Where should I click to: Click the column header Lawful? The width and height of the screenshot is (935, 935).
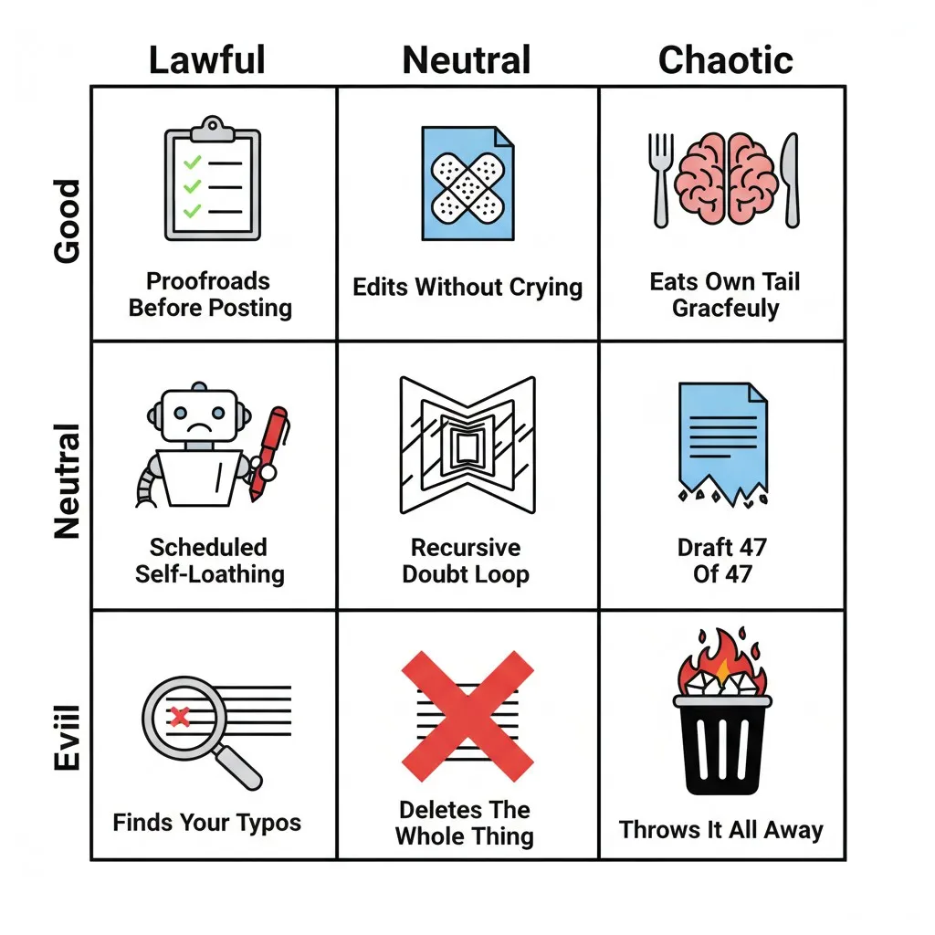coord(207,60)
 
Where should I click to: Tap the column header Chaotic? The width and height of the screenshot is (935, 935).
coord(726,60)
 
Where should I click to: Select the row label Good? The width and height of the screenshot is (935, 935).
coord(67,221)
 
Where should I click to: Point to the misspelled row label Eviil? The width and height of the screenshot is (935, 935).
coord(67,738)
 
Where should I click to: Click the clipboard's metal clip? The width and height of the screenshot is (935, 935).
coord(212,129)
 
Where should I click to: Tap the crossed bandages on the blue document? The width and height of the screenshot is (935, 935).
coord(467,188)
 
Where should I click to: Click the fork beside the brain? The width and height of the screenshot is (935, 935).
coord(660,180)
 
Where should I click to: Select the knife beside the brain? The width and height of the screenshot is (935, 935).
coord(791,180)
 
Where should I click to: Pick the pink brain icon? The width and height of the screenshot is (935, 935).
coord(726,178)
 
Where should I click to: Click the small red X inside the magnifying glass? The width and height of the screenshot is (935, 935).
coord(180,716)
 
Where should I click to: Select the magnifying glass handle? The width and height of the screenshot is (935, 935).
coord(238,767)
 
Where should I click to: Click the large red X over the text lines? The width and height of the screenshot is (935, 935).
coord(467,716)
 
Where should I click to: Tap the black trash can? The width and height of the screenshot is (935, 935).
coord(723,745)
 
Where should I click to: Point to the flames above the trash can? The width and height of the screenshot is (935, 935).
coord(723,661)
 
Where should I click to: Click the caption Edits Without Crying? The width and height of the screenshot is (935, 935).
coord(467,288)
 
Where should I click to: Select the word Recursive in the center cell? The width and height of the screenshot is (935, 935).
coord(466,548)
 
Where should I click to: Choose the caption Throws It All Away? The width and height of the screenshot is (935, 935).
coord(721,829)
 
